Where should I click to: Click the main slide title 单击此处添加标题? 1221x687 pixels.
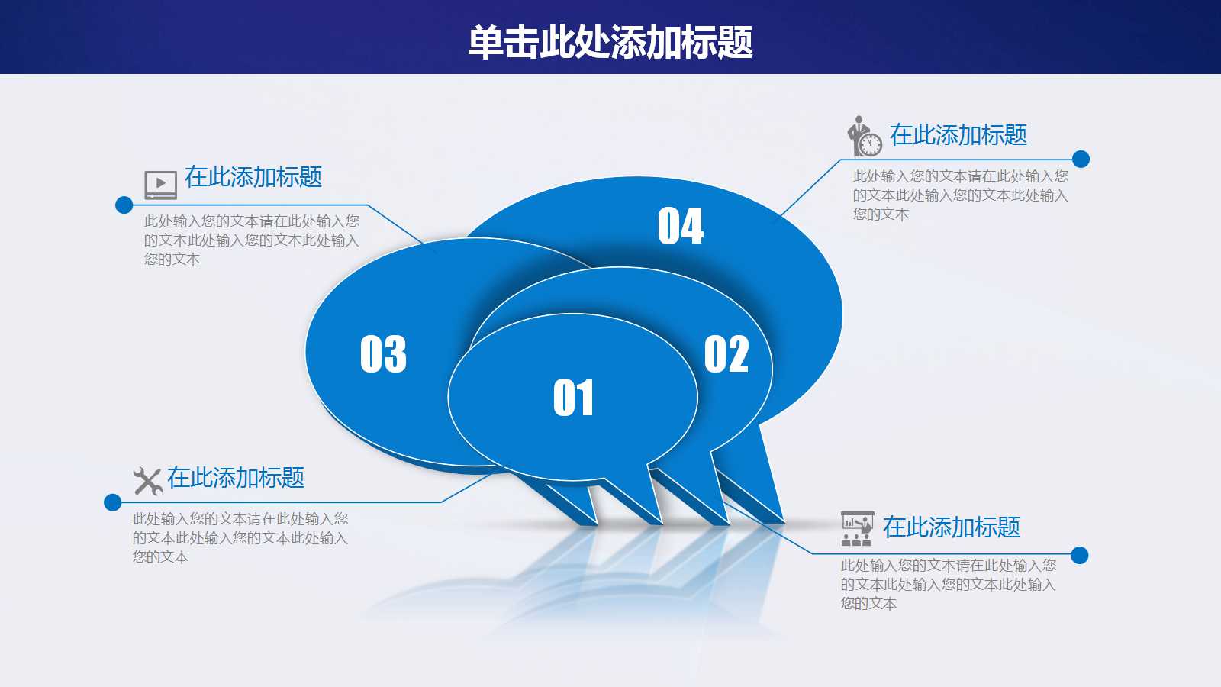point(610,42)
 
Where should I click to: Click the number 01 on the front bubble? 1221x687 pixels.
point(573,398)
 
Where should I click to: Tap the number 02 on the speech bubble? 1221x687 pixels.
point(726,354)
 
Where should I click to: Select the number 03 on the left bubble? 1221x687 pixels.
point(383,354)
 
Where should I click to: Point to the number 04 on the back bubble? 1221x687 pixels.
point(681,226)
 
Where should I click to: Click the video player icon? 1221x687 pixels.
point(160,184)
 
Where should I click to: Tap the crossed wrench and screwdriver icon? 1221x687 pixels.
point(148,481)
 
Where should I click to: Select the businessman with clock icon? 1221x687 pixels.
point(865,137)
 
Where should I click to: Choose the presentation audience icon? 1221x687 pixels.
point(857,528)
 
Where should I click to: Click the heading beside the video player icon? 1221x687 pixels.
point(253,177)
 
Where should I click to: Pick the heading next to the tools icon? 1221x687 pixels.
point(236,478)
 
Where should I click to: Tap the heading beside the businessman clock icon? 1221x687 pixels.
point(958,134)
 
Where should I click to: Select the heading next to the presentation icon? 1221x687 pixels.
point(951,527)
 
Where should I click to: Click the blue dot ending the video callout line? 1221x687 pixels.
point(124,205)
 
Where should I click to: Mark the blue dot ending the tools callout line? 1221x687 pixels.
point(113,502)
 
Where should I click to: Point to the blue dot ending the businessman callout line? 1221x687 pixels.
point(1081,160)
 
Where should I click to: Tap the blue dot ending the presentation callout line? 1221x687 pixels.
point(1080,555)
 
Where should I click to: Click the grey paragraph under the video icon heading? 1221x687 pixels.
point(252,240)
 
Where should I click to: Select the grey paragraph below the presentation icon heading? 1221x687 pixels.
point(949,585)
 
